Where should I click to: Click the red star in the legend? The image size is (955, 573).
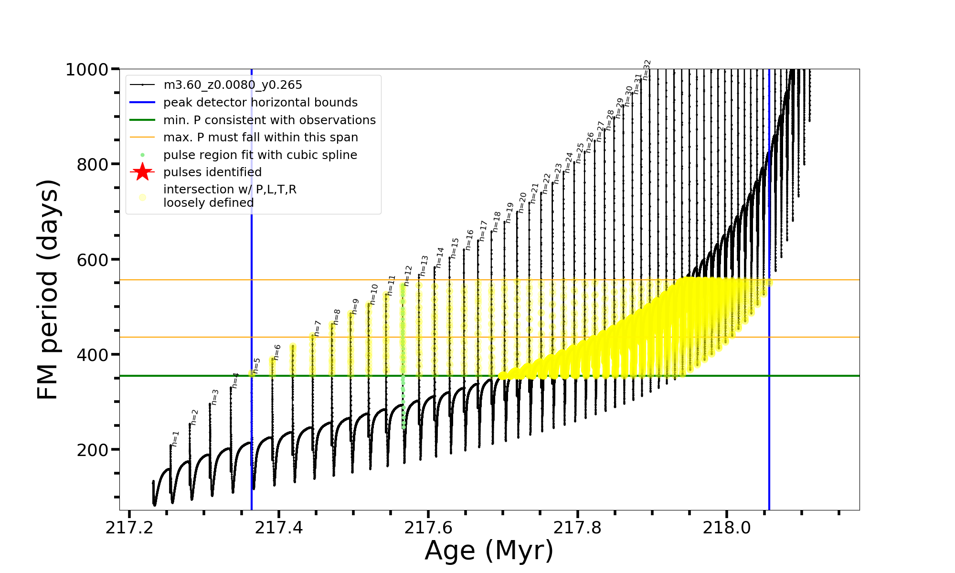coord(142,172)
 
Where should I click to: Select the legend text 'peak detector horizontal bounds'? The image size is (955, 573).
coord(260,103)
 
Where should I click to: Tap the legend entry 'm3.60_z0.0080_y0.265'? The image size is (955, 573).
coord(233,85)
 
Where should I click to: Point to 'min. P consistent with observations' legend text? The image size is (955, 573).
coord(269,120)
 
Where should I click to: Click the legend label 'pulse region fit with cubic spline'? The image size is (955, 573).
coord(260,155)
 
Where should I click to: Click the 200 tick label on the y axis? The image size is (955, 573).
coord(93,450)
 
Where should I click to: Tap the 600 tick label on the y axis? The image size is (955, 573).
coord(93,260)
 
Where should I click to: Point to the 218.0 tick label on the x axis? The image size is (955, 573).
coord(727,528)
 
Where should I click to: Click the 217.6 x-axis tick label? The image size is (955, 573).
coord(428,528)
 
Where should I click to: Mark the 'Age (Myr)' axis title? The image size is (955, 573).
coord(489,551)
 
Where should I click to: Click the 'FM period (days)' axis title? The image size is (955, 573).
coord(48,289)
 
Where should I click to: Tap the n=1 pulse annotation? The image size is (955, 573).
coord(175,438)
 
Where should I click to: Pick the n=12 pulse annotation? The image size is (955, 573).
coord(408,276)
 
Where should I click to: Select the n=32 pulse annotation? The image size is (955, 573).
coord(647,70)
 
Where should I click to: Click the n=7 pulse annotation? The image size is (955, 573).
coord(318,329)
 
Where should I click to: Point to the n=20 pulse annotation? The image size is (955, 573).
coord(522,202)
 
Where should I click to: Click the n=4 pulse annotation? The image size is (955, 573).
coord(235,380)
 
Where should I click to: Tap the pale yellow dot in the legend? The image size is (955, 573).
coord(142,197)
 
